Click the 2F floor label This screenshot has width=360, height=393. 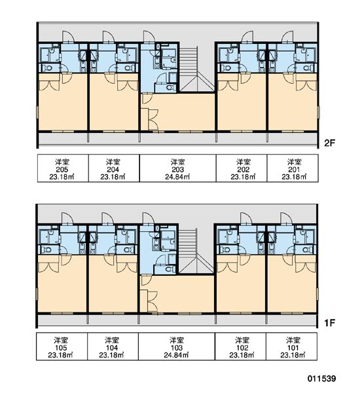tap(329, 143)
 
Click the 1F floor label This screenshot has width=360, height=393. tap(329, 323)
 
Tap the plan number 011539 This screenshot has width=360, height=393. tap(321, 378)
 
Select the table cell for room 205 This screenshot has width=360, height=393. tap(63, 168)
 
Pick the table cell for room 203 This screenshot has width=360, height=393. tap(177, 168)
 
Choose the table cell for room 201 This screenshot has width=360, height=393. tap(293, 168)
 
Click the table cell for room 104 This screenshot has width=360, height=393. tap(113, 346)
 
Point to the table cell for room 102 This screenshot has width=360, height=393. tap(240, 346)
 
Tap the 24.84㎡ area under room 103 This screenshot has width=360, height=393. tap(176, 355)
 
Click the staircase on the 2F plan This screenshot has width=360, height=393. tap(197, 69)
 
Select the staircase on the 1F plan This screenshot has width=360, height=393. tap(196, 251)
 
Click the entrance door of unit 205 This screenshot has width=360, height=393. tap(68, 37)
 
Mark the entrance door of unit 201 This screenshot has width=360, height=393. tap(287, 37)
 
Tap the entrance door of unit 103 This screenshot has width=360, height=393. tap(149, 219)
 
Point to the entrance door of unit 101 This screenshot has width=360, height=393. tap(286, 219)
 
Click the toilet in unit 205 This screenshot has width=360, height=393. tap(48, 67)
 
